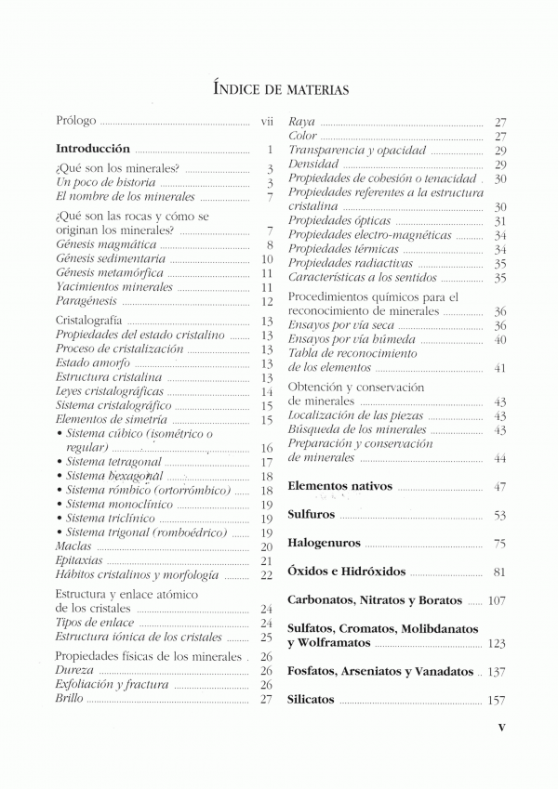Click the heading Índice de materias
coord(280,89)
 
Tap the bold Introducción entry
coord(93,149)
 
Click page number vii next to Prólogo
coord(266,122)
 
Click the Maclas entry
coord(73,547)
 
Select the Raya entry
coord(302,122)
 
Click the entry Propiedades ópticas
coord(339,221)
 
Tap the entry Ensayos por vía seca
coord(341,325)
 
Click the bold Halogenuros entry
coord(325,543)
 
